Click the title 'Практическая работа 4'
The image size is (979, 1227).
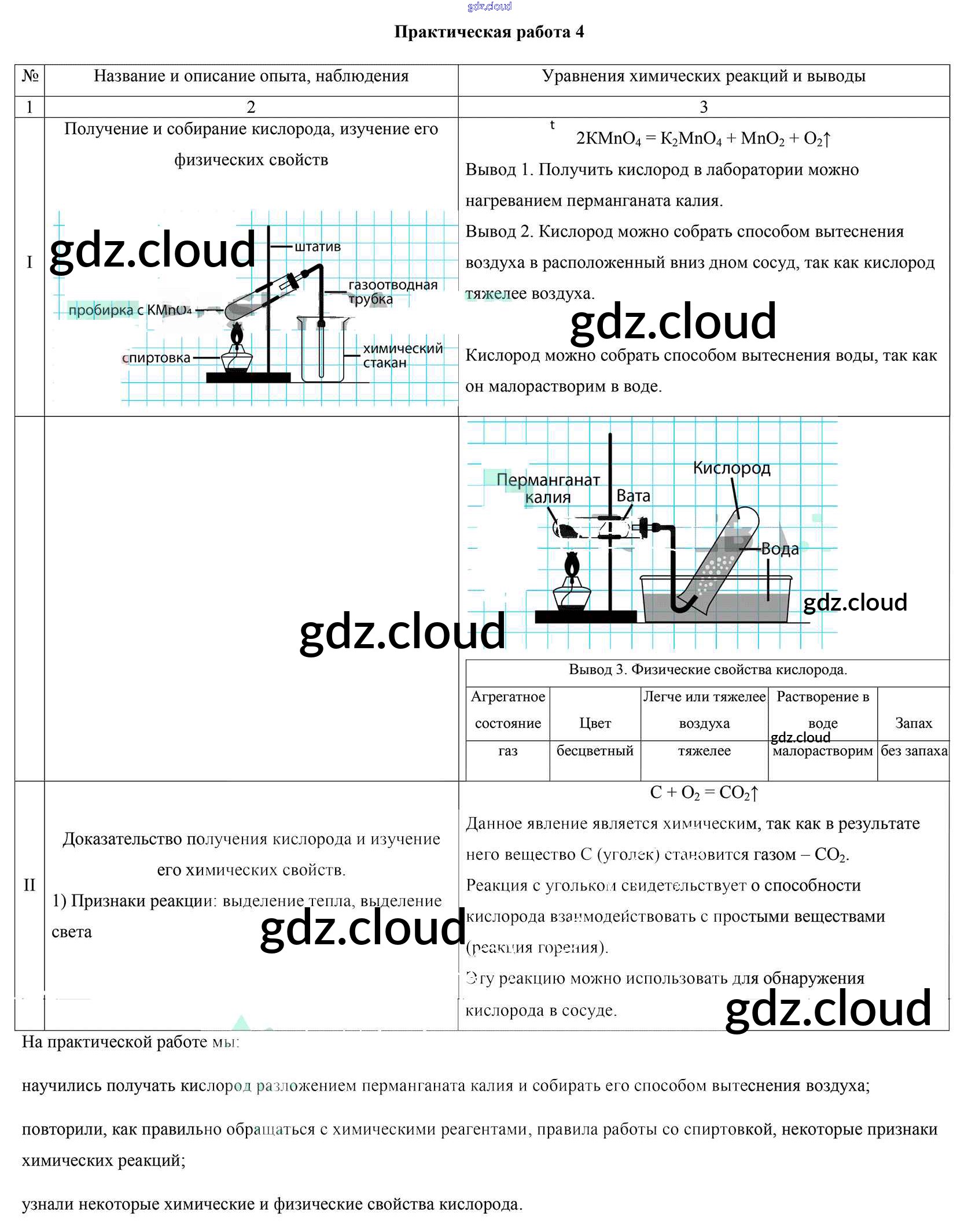[x=489, y=32]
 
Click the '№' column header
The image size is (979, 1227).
[x=30, y=76]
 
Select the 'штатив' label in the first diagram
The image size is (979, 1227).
[x=318, y=247]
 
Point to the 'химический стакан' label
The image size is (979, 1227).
[x=402, y=356]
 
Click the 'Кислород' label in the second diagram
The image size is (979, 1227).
[x=731, y=468]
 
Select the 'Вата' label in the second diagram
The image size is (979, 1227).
[x=633, y=496]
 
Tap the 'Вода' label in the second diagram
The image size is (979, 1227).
[x=779, y=549]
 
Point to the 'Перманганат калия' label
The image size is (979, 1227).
[x=548, y=488]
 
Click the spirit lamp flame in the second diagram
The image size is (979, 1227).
[x=572, y=563]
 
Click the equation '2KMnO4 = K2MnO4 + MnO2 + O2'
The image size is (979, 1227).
[x=702, y=139]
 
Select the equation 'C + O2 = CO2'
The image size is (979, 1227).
[x=703, y=792]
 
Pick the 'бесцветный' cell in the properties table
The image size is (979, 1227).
[x=595, y=751]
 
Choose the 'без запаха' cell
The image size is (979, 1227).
[x=914, y=751]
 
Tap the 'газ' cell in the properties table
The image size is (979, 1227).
[x=507, y=751]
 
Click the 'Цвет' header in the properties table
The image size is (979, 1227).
[x=595, y=723]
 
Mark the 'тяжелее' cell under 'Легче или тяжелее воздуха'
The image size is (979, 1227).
[x=704, y=751]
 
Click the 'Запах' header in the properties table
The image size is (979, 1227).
[x=914, y=723]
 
